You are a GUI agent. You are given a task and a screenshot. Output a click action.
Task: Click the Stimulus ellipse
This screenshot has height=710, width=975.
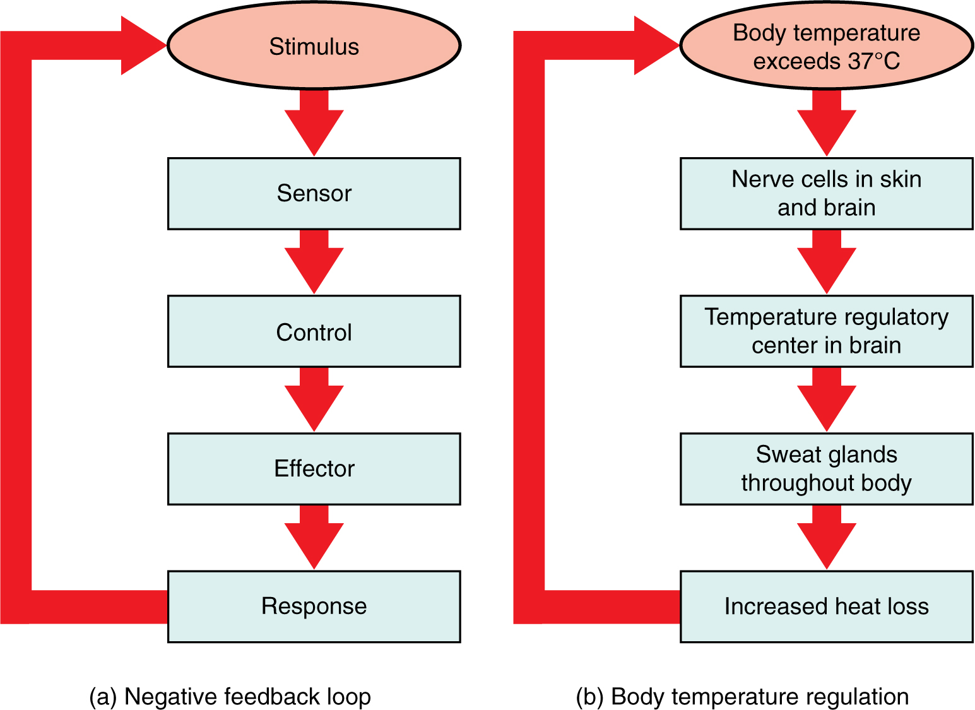(314, 45)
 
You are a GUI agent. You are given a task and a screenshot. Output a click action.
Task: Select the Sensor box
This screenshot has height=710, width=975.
(314, 193)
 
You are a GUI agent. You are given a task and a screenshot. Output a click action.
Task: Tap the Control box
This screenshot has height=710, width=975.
(314, 331)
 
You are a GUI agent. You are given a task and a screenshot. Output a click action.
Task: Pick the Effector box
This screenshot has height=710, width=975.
(314, 468)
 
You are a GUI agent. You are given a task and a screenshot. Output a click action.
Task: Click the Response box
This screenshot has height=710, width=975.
(314, 606)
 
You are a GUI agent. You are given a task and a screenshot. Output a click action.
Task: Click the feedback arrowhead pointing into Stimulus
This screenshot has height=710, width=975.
(141, 45)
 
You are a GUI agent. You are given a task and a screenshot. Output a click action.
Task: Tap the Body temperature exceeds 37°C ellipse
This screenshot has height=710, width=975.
(826, 45)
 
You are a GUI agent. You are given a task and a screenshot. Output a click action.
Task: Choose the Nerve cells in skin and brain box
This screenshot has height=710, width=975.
(826, 193)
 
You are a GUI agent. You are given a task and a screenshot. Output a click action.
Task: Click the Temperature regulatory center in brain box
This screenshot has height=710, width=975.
(826, 331)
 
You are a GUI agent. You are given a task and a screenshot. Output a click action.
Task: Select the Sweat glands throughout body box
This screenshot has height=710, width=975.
(826, 468)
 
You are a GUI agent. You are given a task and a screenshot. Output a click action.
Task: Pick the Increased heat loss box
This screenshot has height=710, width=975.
(826, 606)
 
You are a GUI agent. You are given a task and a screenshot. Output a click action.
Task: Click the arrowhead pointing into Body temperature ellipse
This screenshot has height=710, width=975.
(654, 45)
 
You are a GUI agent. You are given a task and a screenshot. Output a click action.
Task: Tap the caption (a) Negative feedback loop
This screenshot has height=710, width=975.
(230, 697)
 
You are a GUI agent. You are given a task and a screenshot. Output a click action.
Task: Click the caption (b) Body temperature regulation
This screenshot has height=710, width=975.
(742, 697)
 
